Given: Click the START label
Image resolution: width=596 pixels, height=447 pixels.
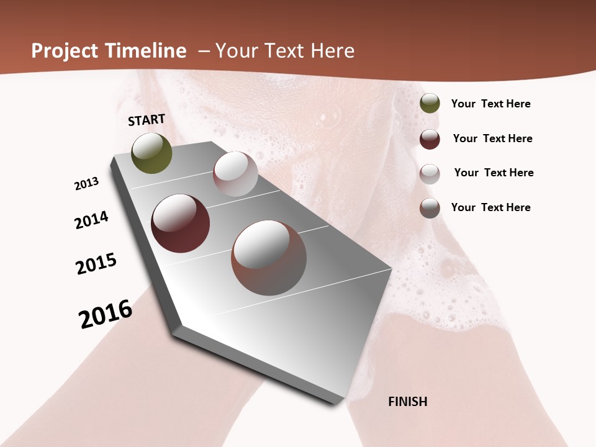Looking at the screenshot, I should pos(147,120).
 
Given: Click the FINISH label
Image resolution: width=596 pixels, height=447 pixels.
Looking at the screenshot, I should pos(407,402).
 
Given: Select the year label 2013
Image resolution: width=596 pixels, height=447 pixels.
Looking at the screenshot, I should pos(86,184).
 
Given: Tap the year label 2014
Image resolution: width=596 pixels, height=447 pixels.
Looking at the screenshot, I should pos(91,220).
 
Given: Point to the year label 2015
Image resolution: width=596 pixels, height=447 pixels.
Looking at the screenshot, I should pos(96,264).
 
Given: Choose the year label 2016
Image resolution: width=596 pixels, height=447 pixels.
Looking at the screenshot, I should pos(106,314).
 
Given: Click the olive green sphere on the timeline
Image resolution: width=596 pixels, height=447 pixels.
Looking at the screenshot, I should pos(152,153).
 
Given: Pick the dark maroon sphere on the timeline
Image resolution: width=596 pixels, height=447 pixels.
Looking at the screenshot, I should pos(180,223).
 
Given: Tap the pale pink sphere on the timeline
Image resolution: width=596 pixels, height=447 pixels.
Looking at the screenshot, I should pos(235,174).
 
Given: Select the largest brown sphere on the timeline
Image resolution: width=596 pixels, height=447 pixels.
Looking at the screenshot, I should pos(268,258).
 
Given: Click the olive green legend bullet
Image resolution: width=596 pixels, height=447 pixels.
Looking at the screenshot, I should pos(430,104).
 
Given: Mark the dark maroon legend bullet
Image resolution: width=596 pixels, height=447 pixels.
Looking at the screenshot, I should pos(430,139).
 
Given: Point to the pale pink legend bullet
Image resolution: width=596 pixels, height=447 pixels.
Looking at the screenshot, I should pos(430,173).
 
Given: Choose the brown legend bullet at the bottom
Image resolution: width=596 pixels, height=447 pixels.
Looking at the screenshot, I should pos(430,208).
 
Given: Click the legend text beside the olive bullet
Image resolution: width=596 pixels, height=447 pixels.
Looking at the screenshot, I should pos(490,104).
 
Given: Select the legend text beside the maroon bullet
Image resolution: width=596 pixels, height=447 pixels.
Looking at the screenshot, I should pos(492,138).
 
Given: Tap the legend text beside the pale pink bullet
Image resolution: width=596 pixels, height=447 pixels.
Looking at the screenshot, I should pos(494,173).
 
